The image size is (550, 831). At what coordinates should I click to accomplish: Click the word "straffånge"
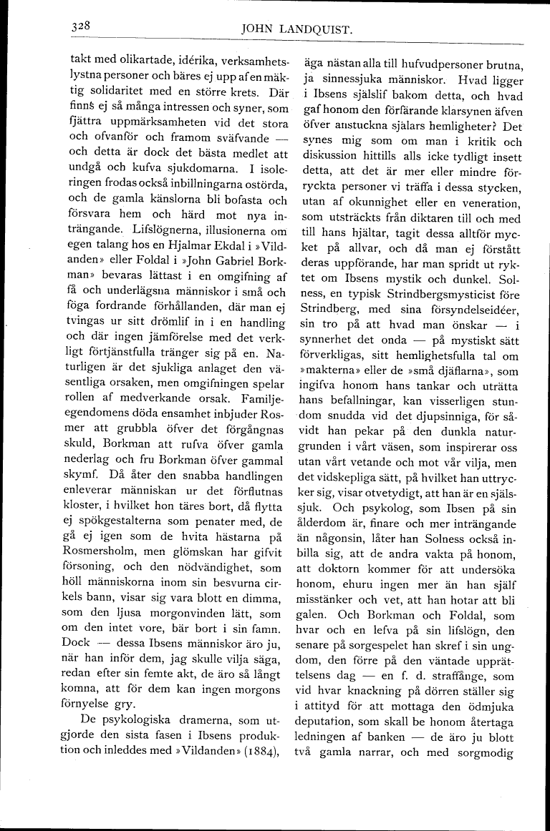pyautogui.click(x=469, y=676)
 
